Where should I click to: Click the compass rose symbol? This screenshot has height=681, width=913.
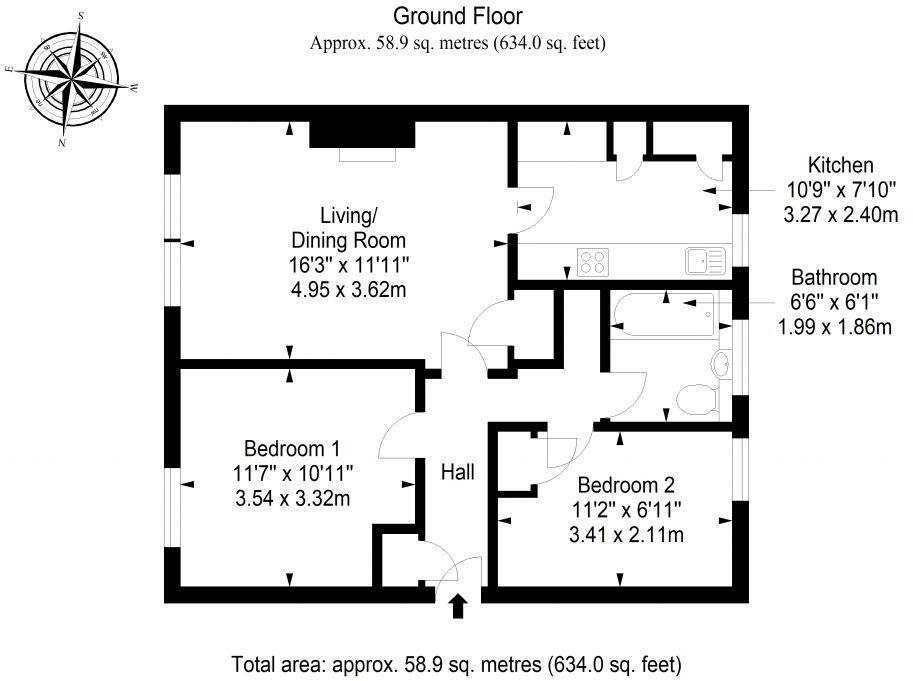click(71, 77)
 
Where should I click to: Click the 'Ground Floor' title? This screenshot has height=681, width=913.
click(457, 16)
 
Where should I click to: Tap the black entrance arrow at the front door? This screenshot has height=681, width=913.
click(458, 606)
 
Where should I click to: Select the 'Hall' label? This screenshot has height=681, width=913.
click(458, 471)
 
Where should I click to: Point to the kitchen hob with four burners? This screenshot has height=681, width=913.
click(593, 262)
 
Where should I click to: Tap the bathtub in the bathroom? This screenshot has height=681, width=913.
click(662, 314)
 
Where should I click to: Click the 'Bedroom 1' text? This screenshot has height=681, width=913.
click(293, 448)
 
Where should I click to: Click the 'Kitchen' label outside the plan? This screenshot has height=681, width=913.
click(841, 166)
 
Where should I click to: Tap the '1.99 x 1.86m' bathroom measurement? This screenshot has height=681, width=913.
click(836, 326)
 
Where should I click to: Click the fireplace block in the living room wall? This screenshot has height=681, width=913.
click(362, 133)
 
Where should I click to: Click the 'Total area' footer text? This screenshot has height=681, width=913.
click(456, 663)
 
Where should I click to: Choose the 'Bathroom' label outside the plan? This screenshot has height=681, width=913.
click(834, 277)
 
